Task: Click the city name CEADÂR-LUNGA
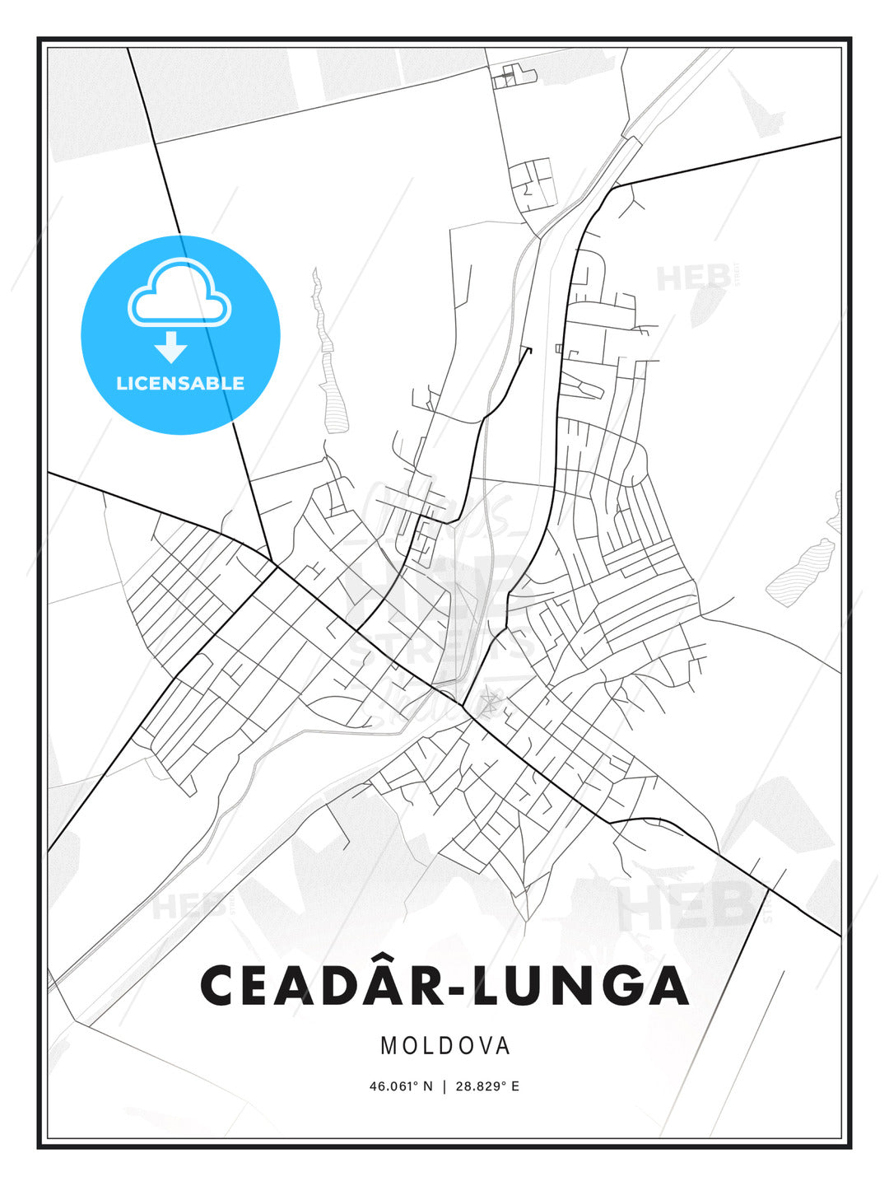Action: pos(444,986)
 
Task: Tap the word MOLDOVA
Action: pos(444,1046)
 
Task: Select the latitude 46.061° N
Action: pos(400,1086)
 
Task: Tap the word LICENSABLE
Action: pos(180,383)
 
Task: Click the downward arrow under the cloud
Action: pos(171,347)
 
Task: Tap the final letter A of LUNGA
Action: pos(667,986)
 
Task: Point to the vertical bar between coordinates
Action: pos(444,1086)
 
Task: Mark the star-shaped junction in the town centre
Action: pos(491,701)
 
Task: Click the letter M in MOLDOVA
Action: pos(389,1046)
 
